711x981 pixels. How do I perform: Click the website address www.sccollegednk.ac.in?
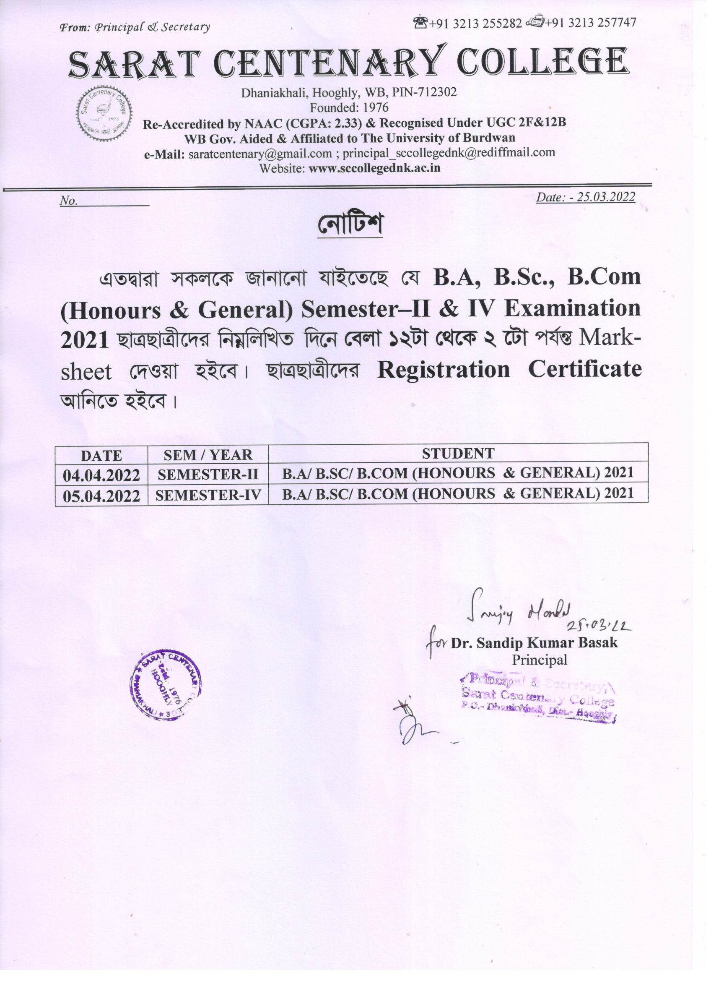374,168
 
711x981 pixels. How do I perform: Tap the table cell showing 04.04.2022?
101,475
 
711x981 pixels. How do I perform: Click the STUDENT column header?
458,454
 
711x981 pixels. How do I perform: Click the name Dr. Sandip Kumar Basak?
534,643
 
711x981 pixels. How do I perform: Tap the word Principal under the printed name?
540,660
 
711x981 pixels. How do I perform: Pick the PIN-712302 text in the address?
424,92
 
